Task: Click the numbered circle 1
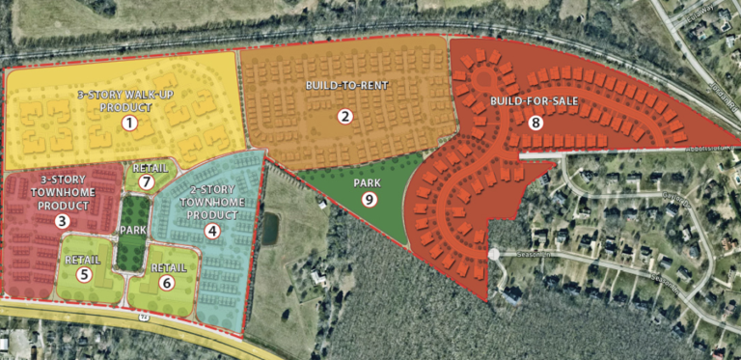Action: coord(130,123)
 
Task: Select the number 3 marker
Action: coord(61,221)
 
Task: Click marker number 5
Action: coord(84,275)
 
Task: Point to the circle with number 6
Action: coord(167,283)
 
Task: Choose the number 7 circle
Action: coord(147,181)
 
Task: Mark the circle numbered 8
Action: coord(535,123)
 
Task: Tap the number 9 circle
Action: coord(369,199)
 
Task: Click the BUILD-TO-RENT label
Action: coord(346,86)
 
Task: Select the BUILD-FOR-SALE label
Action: coord(527,101)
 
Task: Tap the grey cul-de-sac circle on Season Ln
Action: coord(494,254)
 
